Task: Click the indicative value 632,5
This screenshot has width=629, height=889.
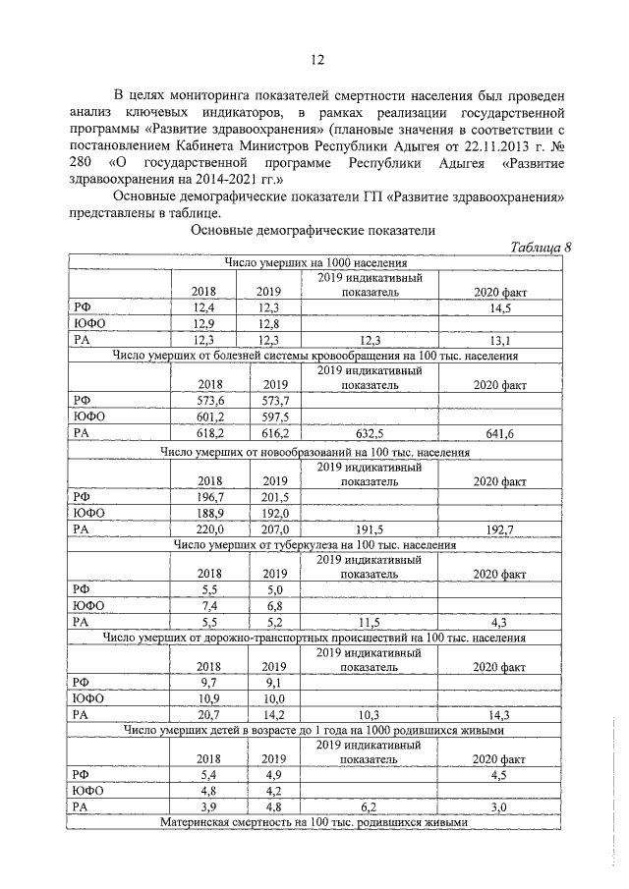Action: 371,433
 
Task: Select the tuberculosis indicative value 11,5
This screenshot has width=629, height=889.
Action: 371,623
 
